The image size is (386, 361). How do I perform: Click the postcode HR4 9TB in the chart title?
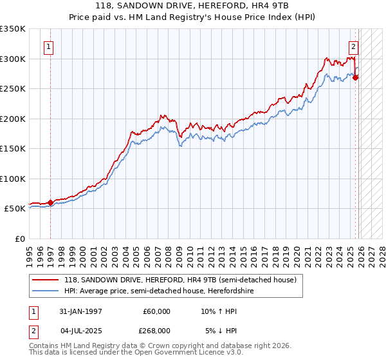[273, 5]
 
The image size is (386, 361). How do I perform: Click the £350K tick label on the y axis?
[13, 29]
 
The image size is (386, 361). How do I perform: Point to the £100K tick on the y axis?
[13, 179]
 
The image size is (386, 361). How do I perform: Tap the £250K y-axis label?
[13, 89]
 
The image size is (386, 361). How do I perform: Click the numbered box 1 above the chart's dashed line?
[49, 46]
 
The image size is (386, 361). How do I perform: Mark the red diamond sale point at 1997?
[51, 202]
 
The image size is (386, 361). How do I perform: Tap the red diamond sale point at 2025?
[356, 78]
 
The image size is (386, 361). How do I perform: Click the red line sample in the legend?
[46, 280]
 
